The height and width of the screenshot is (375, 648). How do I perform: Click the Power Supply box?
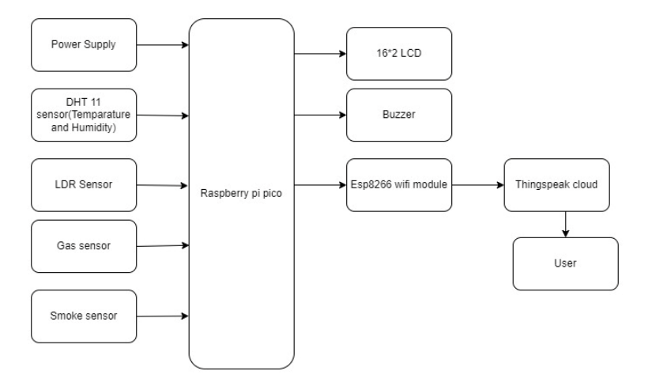point(84,44)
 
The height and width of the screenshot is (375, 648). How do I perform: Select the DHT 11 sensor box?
point(84,115)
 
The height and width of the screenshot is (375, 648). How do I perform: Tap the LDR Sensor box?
point(84,185)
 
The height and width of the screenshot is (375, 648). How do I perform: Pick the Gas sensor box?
point(84,245)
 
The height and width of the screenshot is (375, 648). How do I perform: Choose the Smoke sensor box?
point(84,316)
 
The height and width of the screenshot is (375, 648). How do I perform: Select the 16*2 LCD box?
point(399,54)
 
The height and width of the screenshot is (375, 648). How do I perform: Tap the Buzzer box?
point(399,115)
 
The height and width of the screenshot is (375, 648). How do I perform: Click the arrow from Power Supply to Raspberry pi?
point(162,45)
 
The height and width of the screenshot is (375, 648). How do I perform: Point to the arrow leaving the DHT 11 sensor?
point(162,116)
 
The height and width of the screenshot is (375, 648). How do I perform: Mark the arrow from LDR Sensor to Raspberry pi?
point(162,186)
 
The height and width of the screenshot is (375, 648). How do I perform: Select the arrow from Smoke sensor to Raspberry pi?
point(162,316)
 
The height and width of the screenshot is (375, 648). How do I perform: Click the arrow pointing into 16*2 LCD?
point(320,55)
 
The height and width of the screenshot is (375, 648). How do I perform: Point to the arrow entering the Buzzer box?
point(320,116)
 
